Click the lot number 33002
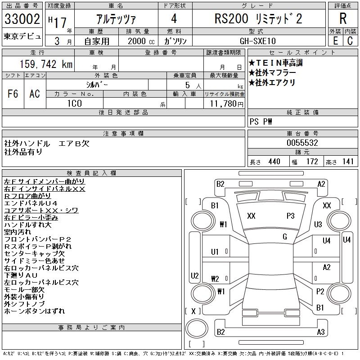22,19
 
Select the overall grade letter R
343,18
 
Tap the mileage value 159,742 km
46,64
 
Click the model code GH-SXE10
258,41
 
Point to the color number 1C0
75,103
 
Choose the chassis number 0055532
302,143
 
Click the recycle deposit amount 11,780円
226,104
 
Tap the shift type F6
13,94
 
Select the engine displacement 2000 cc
141,41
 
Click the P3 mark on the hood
290,216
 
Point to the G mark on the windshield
285,237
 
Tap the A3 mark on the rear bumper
321,332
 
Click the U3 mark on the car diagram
318,224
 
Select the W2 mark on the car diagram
215,279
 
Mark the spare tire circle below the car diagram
197,328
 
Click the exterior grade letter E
335,41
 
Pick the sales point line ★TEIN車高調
275,63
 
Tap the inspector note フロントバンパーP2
38,239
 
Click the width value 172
312,162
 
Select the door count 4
174,18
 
